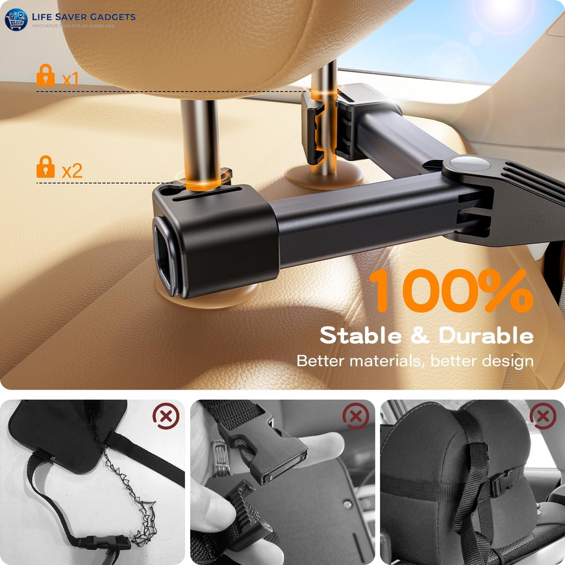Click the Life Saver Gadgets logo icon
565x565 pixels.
[16, 19]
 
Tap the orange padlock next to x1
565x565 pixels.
[45, 76]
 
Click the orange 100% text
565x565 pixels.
[451, 290]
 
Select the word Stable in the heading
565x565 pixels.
[360, 336]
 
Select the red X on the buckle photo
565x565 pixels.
[355, 416]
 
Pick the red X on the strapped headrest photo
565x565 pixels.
[542, 416]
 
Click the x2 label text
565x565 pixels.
[72, 171]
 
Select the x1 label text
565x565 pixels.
[70, 79]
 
